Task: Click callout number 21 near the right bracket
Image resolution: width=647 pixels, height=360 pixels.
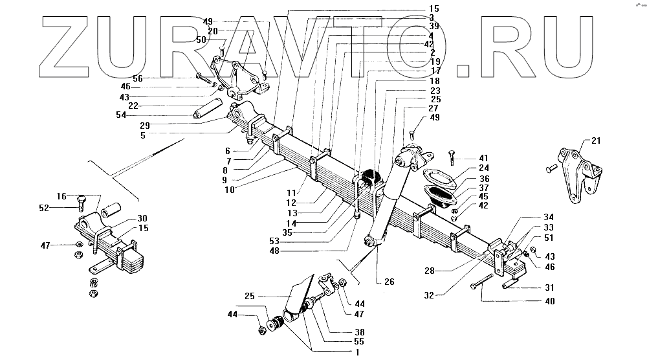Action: pos(595,141)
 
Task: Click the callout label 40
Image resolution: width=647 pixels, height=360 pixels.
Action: pos(550,301)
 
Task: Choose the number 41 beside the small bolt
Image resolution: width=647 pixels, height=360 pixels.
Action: pos(485,158)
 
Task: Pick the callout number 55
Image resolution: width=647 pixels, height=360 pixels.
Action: pos(358,341)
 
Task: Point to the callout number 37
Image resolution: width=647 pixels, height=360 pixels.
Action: pos(485,188)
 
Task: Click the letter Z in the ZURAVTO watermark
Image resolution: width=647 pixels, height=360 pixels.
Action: pos(71,45)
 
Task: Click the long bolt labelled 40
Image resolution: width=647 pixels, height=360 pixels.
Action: pos(483,286)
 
